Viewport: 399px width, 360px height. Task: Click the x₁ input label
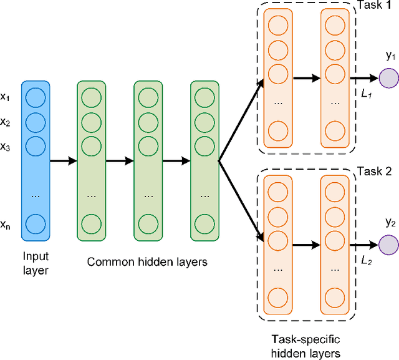6,97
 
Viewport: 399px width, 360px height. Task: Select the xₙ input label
6,225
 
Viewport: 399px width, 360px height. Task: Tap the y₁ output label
390,56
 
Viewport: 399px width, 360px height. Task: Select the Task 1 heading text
373,6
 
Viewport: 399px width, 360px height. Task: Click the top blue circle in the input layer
36,97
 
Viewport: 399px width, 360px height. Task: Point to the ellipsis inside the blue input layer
36,195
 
